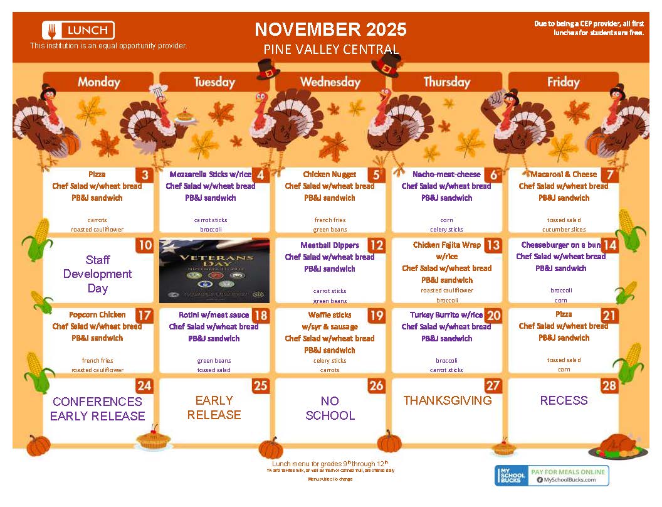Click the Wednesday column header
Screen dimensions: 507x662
click(330, 82)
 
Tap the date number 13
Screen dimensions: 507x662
click(493, 245)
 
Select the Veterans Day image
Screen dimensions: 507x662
click(214, 270)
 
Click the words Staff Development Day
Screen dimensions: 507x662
click(98, 274)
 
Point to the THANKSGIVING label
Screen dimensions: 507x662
click(447, 400)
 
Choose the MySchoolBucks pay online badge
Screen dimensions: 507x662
click(552, 476)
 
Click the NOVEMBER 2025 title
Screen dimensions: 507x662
click(330, 29)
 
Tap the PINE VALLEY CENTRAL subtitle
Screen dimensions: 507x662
click(330, 50)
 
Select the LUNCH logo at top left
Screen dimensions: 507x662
click(78, 30)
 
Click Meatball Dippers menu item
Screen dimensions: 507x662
click(330, 245)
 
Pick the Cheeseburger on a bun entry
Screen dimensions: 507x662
click(561, 245)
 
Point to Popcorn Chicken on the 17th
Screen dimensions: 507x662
click(97, 315)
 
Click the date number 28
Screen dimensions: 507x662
click(609, 385)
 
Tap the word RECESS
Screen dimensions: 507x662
click(564, 400)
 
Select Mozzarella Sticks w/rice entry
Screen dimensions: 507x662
click(211, 174)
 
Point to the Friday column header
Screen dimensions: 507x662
click(563, 82)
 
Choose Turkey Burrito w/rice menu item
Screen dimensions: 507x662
click(446, 315)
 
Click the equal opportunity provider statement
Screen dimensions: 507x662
click(108, 46)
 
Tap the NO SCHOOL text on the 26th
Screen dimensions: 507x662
click(330, 408)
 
